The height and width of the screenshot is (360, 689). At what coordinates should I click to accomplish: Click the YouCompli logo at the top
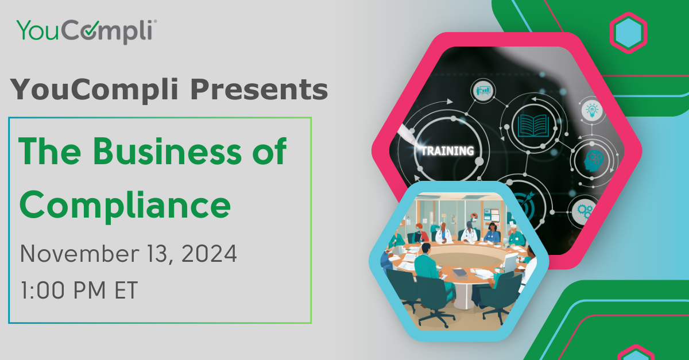[86, 30]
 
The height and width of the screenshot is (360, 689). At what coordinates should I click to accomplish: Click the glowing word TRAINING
[447, 152]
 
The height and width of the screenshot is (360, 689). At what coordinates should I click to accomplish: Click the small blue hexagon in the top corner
[628, 33]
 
